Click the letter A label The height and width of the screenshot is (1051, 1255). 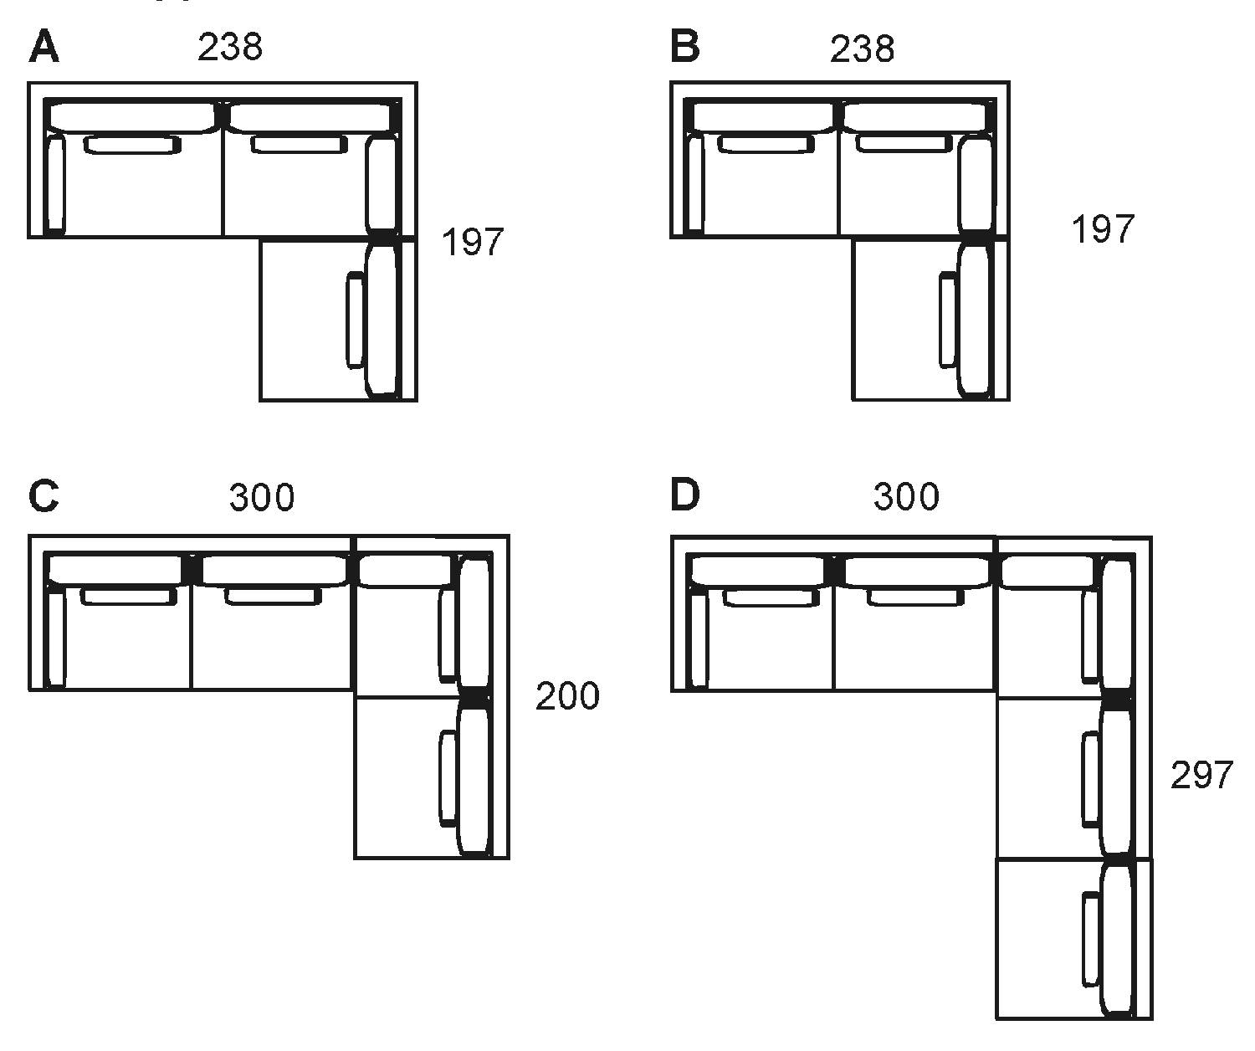pos(44,47)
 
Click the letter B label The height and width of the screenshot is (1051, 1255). pos(685,47)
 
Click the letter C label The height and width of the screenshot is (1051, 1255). pos(44,496)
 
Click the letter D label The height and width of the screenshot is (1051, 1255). pos(685,496)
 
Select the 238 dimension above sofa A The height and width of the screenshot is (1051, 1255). pos(230,48)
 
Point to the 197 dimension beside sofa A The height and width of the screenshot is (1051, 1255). pos(473,242)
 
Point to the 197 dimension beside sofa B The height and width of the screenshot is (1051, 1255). pos(1103,228)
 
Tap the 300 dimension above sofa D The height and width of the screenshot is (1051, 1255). pos(906,497)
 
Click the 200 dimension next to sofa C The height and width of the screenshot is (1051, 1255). pos(567,696)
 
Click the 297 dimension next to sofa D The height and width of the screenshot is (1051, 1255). pos(1201,776)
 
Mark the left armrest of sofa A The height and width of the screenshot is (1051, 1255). pos(55,184)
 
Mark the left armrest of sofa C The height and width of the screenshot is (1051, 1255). pos(55,638)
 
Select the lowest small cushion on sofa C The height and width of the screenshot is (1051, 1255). pos(448,778)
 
